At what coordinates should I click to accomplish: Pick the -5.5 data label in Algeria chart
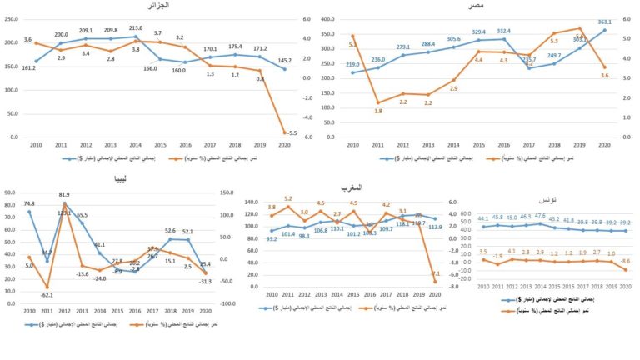point(292,132)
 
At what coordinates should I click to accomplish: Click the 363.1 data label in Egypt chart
point(604,22)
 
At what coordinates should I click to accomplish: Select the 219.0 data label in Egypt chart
point(353,64)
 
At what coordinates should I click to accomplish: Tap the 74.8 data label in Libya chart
point(29,203)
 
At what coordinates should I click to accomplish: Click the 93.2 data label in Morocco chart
point(272,239)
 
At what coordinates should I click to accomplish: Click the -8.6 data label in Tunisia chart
point(625,262)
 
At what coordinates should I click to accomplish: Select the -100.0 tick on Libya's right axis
point(227,304)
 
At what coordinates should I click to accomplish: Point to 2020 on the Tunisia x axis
point(624,286)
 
